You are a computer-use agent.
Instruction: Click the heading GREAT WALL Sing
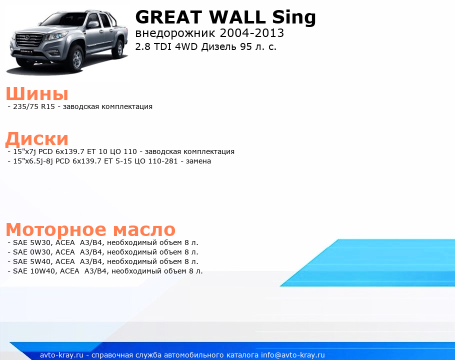(x=225, y=17)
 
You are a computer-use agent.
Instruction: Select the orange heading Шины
(x=37, y=93)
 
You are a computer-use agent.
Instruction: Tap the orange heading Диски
(x=37, y=138)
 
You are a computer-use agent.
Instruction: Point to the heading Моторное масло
(x=90, y=229)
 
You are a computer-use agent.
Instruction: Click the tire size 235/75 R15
(x=34, y=106)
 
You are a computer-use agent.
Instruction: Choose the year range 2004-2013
(x=252, y=33)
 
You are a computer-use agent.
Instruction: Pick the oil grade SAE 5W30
(x=32, y=242)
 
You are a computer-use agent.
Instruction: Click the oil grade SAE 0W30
(x=32, y=252)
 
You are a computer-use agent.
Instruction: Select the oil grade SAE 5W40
(x=32, y=261)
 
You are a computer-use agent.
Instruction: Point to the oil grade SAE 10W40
(x=34, y=271)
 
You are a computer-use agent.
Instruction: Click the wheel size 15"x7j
(x=24, y=151)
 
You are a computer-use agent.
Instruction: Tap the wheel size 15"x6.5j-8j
(x=33, y=161)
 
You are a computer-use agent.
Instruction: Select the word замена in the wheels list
(x=198, y=161)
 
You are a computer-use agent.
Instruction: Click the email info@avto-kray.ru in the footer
(x=293, y=355)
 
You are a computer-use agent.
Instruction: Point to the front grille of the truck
(x=29, y=39)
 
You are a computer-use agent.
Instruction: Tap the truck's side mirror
(x=93, y=24)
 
